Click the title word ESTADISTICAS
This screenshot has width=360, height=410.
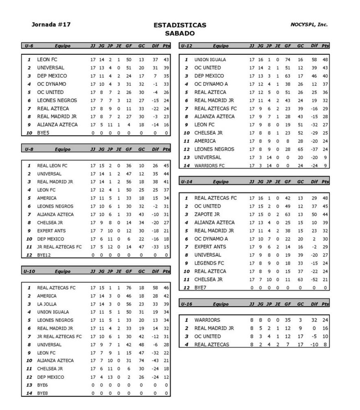180,25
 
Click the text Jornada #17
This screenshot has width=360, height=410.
51,24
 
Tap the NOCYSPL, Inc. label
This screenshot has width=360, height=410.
309,24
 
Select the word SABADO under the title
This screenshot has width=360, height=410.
180,34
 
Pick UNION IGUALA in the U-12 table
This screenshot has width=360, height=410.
210,60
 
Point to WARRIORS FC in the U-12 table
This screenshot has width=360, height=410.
209,166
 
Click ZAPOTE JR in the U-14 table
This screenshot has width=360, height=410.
207,214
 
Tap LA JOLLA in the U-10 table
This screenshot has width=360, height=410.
47,304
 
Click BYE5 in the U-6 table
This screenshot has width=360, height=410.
43,133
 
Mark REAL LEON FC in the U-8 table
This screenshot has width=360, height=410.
52,166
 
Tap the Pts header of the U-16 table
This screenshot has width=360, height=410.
325,304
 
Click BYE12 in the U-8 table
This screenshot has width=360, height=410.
44,255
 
